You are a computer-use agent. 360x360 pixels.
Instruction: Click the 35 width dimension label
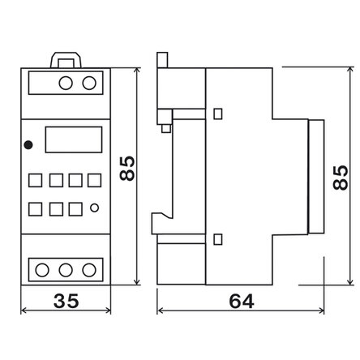(66, 301)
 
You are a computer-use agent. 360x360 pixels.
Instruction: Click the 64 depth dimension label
(242, 302)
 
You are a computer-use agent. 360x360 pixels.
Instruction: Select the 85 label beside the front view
(127, 168)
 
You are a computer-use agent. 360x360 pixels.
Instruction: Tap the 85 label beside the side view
(340, 178)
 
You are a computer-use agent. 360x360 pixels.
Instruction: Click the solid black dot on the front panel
(28, 145)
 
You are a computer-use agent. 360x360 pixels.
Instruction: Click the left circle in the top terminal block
(66, 83)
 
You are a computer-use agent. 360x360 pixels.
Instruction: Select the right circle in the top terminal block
(89, 83)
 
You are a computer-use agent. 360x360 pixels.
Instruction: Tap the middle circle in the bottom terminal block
(66, 270)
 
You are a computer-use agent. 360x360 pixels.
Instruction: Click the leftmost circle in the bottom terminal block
(42, 270)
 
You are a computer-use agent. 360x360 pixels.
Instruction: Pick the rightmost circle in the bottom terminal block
(89, 270)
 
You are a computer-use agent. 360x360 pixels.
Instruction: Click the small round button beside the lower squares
(94, 208)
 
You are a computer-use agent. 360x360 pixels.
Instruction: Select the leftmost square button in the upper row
(36, 181)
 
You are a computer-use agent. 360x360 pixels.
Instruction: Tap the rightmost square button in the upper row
(95, 181)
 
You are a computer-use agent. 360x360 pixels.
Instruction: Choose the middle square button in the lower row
(56, 209)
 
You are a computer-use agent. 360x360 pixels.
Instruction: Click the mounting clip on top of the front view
(66, 54)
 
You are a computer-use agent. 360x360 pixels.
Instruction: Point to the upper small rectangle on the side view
(218, 114)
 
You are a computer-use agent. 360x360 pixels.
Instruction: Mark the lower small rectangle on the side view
(218, 239)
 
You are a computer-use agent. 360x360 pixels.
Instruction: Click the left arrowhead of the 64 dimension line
(160, 311)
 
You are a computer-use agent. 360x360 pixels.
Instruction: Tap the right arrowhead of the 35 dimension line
(108, 311)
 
